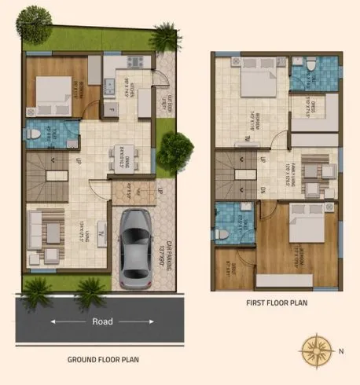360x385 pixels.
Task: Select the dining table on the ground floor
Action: pos(120,158)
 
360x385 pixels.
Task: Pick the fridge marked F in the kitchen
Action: pos(112,108)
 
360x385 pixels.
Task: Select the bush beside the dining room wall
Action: pos(175,147)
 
